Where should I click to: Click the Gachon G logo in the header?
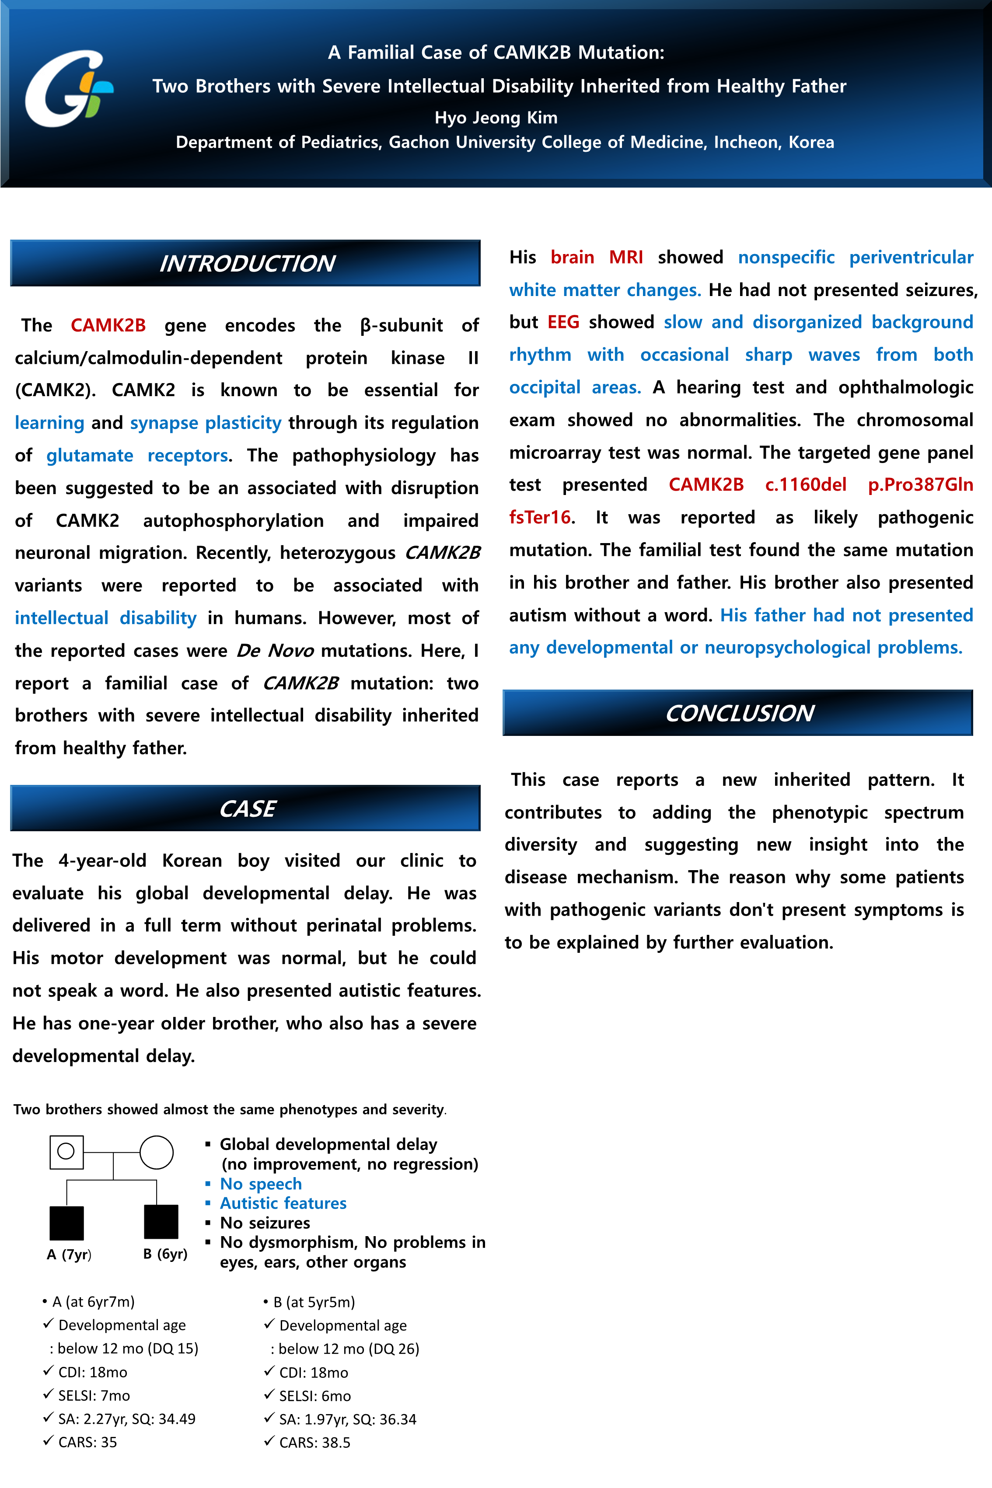pos(68,88)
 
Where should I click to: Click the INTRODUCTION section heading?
pos(246,263)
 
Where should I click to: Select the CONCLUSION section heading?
pos(738,713)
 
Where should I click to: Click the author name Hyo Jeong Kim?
pos(496,118)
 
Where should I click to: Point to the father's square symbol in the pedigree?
pos(66,1152)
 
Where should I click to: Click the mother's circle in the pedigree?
pos(156,1152)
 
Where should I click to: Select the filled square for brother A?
pos(66,1223)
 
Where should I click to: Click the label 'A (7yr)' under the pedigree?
pos(69,1254)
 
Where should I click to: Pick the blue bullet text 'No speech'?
pos(261,1184)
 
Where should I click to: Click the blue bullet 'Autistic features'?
pos(283,1203)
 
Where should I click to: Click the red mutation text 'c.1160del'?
pos(805,484)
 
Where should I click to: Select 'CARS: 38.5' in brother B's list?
pos(314,1443)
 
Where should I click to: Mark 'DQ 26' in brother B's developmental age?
pos(399,1349)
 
